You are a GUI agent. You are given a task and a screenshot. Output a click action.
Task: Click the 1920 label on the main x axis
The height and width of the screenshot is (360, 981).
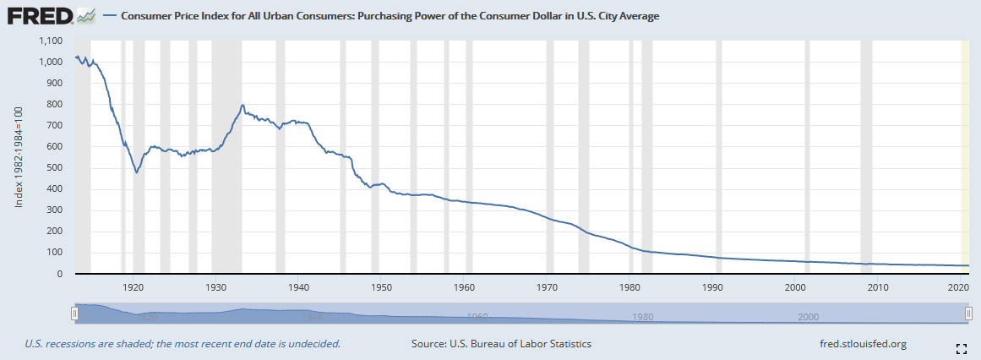[133, 287]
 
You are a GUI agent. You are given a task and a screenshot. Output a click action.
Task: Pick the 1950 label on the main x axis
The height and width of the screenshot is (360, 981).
[381, 287]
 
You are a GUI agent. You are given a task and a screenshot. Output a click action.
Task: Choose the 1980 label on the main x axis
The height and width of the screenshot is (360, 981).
[629, 287]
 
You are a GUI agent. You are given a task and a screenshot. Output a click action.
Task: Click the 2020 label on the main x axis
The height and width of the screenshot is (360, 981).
[957, 287]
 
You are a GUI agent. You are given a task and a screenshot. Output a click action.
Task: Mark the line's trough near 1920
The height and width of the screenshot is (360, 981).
[136, 172]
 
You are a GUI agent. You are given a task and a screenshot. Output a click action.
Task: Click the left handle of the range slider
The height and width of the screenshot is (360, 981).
[75, 314]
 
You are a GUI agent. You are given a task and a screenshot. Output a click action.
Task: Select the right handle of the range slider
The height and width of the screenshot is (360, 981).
[968, 314]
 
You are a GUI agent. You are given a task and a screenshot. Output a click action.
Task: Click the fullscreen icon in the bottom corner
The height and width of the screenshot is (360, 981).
[961, 348]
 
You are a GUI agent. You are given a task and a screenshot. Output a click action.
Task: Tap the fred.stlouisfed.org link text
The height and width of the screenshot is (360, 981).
[863, 344]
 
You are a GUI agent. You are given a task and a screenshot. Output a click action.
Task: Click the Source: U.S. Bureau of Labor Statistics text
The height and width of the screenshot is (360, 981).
[501, 344]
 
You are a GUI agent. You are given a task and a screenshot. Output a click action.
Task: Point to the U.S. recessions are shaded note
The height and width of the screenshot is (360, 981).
[183, 344]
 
